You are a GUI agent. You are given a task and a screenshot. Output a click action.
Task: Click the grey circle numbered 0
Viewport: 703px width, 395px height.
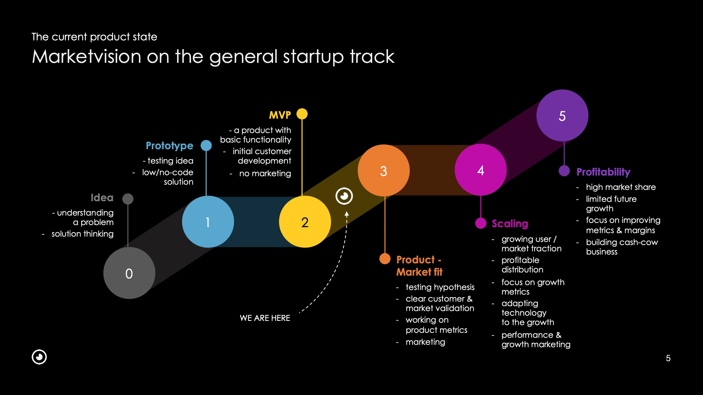129,273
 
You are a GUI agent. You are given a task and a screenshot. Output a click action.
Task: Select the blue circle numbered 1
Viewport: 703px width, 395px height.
208,222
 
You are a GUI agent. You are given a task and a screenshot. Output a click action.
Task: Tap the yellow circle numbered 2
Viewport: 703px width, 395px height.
305,222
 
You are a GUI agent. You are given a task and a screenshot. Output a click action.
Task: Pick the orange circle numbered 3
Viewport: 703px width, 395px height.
383,171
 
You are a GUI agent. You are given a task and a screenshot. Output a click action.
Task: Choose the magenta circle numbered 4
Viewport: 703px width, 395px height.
481,170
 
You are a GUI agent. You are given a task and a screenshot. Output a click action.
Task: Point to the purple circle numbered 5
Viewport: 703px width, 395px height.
562,116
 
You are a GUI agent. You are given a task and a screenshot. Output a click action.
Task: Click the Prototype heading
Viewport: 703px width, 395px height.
169,146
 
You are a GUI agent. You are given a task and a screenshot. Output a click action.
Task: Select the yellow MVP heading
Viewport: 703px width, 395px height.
280,115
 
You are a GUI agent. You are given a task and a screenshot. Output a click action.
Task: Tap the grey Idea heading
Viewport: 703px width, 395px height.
102,198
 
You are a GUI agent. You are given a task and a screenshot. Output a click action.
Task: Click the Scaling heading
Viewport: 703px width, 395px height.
510,224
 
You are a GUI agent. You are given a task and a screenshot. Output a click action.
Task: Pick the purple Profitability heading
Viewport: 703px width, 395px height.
603,172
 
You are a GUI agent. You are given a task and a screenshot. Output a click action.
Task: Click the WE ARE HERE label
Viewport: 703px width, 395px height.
265,318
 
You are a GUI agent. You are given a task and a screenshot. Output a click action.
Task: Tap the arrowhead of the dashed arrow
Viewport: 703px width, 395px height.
347,213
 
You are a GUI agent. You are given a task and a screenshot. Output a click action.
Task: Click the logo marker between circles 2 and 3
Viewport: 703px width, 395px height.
344,196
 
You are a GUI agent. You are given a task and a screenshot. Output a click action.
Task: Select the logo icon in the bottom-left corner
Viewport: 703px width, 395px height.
39,357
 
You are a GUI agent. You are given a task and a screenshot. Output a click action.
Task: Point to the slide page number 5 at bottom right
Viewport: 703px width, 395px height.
668,358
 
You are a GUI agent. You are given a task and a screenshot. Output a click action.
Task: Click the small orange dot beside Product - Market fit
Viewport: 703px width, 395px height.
385,259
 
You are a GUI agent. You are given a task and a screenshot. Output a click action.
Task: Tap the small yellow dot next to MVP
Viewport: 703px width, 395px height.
302,114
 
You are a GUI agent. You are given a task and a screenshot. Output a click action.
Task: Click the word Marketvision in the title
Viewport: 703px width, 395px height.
86,57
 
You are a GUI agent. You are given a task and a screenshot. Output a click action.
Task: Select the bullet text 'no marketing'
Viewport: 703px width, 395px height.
265,173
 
